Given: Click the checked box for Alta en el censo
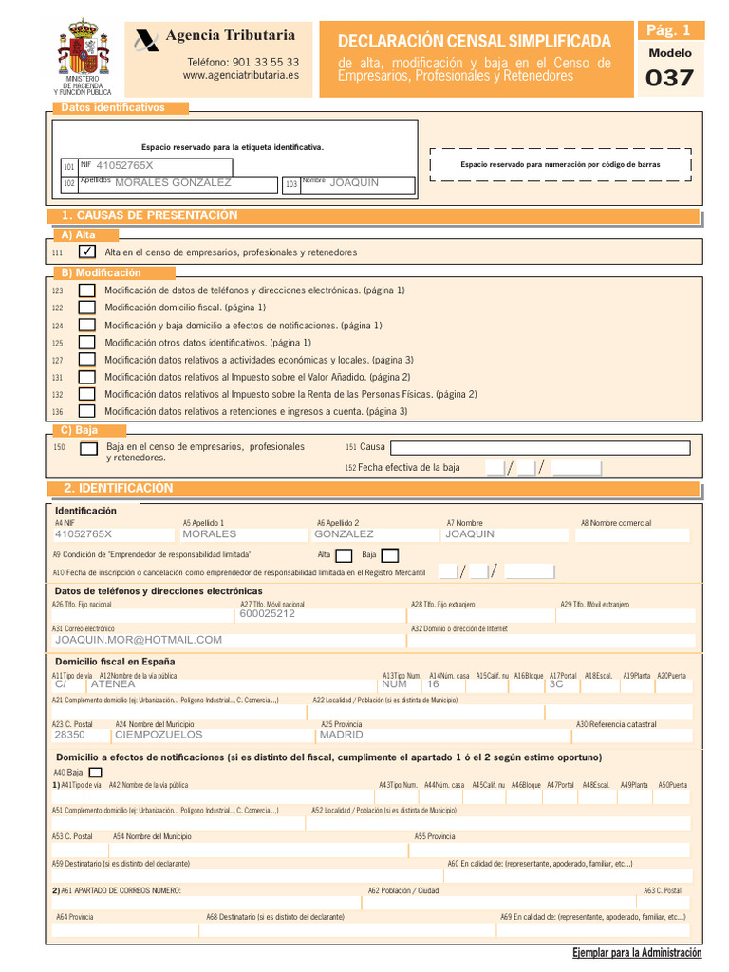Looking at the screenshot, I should (x=87, y=252).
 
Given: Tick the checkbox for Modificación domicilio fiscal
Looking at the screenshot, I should (x=87, y=308).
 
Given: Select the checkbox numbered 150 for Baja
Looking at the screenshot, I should (x=88, y=448).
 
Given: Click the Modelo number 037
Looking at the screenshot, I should (x=669, y=79).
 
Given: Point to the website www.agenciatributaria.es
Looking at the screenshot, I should (x=241, y=75).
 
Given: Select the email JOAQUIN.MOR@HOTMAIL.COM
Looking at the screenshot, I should (x=139, y=640).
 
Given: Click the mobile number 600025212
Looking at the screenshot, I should (x=268, y=613).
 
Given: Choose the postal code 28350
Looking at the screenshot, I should (x=69, y=735).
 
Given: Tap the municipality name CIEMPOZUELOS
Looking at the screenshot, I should (x=159, y=735).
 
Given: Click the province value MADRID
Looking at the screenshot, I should (x=342, y=735).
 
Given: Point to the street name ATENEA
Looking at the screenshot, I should (x=113, y=683).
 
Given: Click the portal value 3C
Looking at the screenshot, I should (x=556, y=683).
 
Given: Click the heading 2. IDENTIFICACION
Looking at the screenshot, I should (x=118, y=488).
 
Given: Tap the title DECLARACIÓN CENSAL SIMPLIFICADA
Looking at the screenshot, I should (x=475, y=41).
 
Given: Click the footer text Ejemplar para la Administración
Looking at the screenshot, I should (x=637, y=952).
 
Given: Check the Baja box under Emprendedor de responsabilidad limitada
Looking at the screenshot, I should (x=389, y=555).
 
